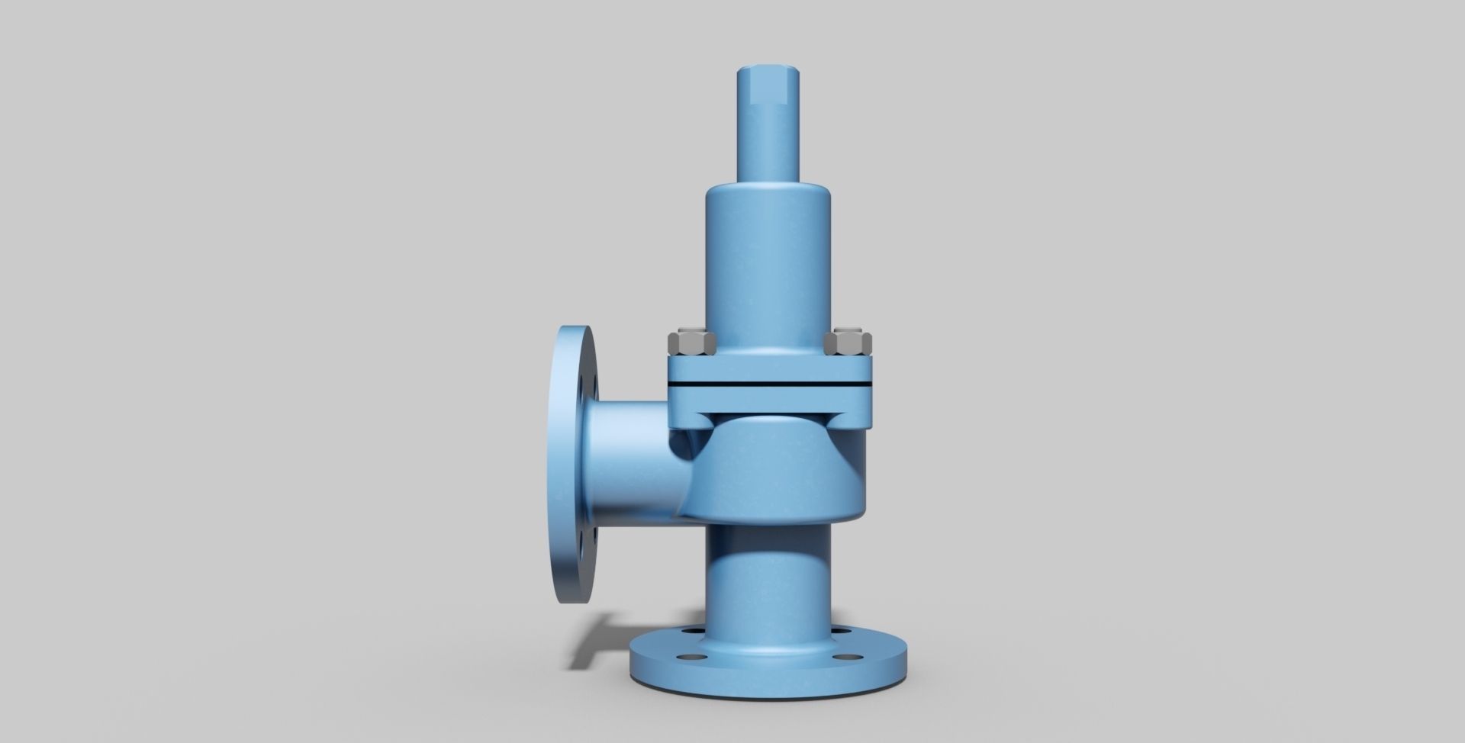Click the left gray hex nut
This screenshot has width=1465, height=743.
pos(691,343)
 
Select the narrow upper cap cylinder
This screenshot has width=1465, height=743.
pos(767,137)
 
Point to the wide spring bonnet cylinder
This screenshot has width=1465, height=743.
pos(767,259)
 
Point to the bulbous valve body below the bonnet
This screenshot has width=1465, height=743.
pos(786,473)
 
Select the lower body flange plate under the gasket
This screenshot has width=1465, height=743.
pos(771,397)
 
